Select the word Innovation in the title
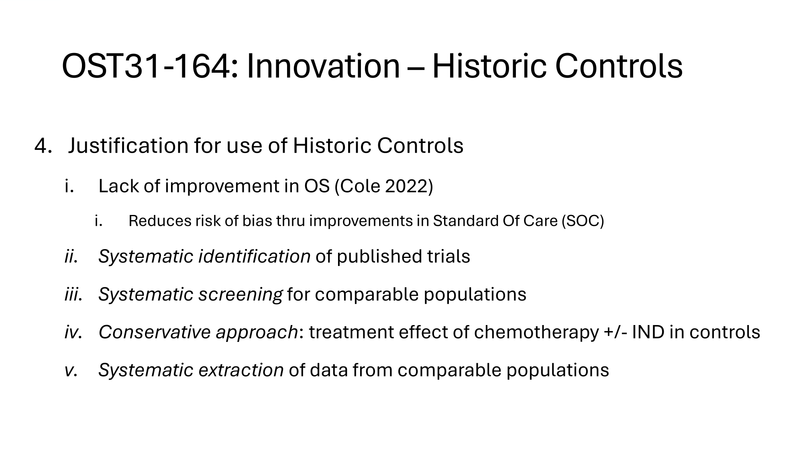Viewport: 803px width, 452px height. pyautogui.click(x=323, y=66)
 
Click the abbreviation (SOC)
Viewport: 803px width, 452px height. pyautogui.click(x=583, y=221)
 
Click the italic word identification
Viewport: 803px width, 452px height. pyautogui.click(x=255, y=257)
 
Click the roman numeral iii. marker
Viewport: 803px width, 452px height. pyautogui.click(x=73, y=295)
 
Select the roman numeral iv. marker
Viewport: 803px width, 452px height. pyautogui.click(x=73, y=332)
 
